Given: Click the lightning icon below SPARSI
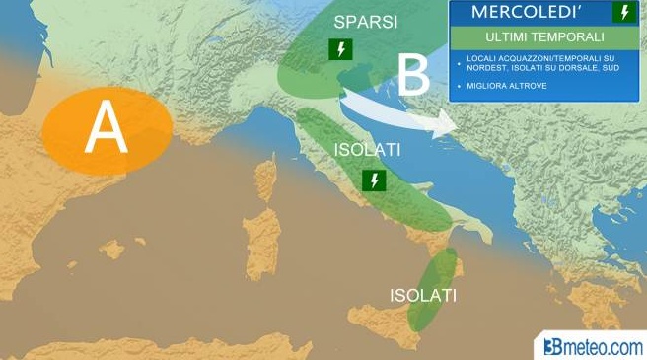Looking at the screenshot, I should (x=341, y=48).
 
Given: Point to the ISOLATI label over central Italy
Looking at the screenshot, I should (x=366, y=151).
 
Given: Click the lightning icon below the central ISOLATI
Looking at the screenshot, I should (x=373, y=180).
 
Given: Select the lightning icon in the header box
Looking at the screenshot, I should (x=623, y=13).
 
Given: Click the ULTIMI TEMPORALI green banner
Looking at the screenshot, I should (x=545, y=37).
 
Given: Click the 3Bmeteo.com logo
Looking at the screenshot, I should (x=592, y=346).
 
